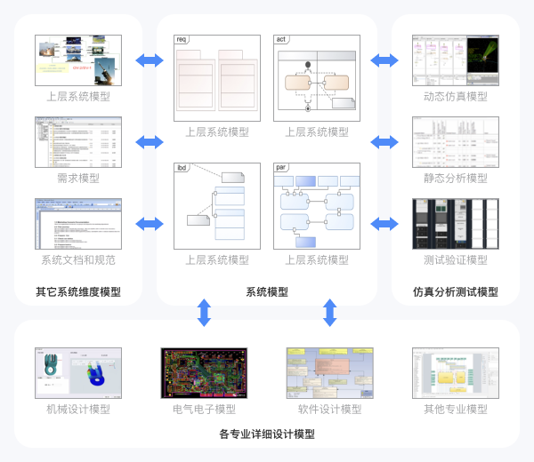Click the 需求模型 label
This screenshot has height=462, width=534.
coord(78,178)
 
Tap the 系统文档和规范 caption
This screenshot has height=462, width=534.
coord(78,260)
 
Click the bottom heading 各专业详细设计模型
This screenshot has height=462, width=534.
coord(267,434)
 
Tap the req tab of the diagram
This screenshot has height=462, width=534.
coord(182,40)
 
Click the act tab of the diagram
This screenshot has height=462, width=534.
coord(282,40)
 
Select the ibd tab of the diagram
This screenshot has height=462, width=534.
coord(182,167)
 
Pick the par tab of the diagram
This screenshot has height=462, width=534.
coord(282,167)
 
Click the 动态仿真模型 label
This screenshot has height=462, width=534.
coord(456,96)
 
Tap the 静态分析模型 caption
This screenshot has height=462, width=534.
coord(456,178)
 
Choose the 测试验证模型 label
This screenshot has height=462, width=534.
coord(456,260)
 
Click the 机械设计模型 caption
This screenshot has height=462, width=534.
coord(78,409)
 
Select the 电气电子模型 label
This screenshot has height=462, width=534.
coord(205,409)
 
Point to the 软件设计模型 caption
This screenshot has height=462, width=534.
coord(330,409)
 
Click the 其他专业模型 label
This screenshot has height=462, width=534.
coord(456,409)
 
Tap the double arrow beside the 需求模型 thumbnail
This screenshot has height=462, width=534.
coord(150,142)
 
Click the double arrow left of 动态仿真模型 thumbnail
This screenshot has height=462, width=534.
coord(384,60)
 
